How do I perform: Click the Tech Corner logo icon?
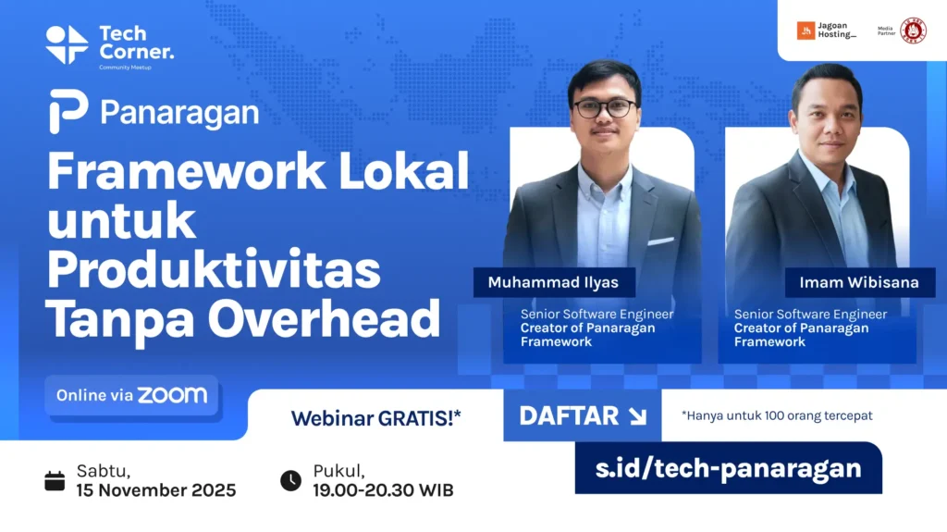pos(67,44)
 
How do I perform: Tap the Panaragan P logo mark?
pos(68,111)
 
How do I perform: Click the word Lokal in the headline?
pos(403,171)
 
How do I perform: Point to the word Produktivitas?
pos(214,270)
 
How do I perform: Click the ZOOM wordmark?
pos(172,395)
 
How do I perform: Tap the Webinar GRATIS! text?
pos(375,418)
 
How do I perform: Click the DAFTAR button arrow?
pos(637,416)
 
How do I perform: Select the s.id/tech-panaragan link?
pos(729,468)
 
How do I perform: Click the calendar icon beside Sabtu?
pos(55,480)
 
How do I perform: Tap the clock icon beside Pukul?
pos(290,480)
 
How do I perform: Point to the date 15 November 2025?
pos(155,490)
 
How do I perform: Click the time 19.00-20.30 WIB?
pos(383,490)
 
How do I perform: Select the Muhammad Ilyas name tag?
pos(554,282)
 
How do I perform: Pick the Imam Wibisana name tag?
pos(859,282)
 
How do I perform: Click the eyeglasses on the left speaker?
pos(605,108)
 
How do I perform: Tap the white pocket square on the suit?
pos(660,241)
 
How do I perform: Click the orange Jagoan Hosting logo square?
pos(806,31)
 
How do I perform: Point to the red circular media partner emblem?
pos(913,31)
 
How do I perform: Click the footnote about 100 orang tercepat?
pos(777,416)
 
